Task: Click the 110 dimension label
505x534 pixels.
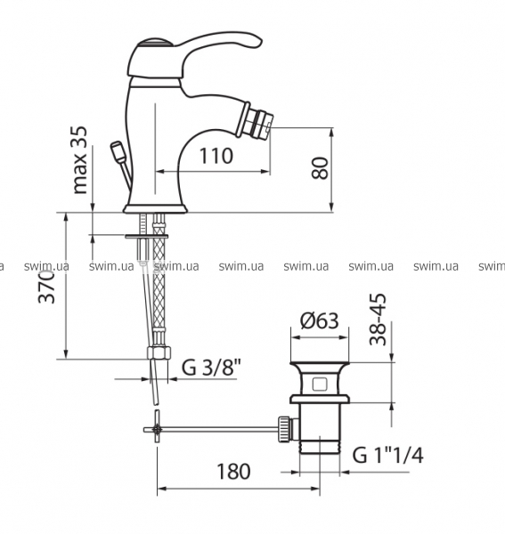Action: (x=216, y=156)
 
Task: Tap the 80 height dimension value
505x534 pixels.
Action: (x=320, y=167)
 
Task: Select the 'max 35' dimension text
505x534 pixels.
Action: (x=80, y=159)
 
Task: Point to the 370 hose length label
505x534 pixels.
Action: (x=46, y=287)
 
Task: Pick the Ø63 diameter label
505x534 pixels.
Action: (x=320, y=320)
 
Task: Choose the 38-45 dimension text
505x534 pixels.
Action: (x=379, y=320)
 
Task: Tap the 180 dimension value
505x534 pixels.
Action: (x=233, y=472)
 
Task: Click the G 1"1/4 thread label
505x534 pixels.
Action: (x=387, y=455)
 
